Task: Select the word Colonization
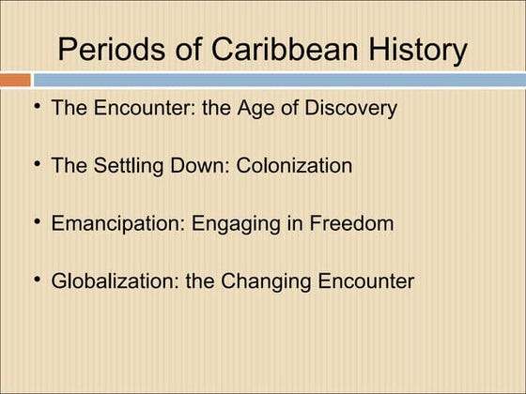tap(295, 166)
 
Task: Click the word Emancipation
tap(117, 224)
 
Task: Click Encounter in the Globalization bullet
tap(364, 281)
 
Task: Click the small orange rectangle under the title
tap(16, 80)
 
